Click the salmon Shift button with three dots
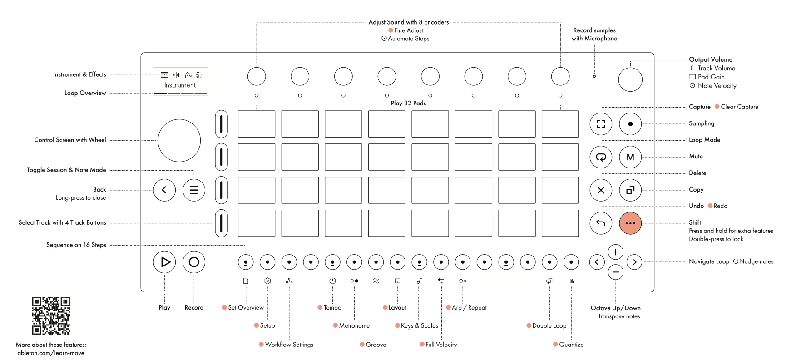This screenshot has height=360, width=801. point(630,223)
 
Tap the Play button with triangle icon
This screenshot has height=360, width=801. point(164,262)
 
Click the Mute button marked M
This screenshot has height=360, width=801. point(630,157)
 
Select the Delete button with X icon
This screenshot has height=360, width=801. point(601,190)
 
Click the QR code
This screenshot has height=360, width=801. point(51,316)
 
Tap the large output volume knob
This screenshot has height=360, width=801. point(630,80)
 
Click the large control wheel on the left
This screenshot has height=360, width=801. point(179,141)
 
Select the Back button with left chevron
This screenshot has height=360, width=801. point(164,190)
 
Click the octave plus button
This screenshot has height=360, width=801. point(615,252)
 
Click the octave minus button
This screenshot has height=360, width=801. point(615,272)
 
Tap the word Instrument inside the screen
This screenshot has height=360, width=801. point(180,85)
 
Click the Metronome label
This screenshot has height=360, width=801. point(354,326)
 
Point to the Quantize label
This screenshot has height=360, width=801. point(571,345)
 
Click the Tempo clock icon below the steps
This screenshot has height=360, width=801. point(332,281)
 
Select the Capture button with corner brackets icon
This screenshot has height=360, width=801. point(601,124)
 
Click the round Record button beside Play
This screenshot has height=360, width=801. point(194,262)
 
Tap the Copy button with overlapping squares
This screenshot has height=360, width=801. point(630,190)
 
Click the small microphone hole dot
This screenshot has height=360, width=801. point(594,76)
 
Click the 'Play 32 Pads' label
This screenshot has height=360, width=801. point(408,104)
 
